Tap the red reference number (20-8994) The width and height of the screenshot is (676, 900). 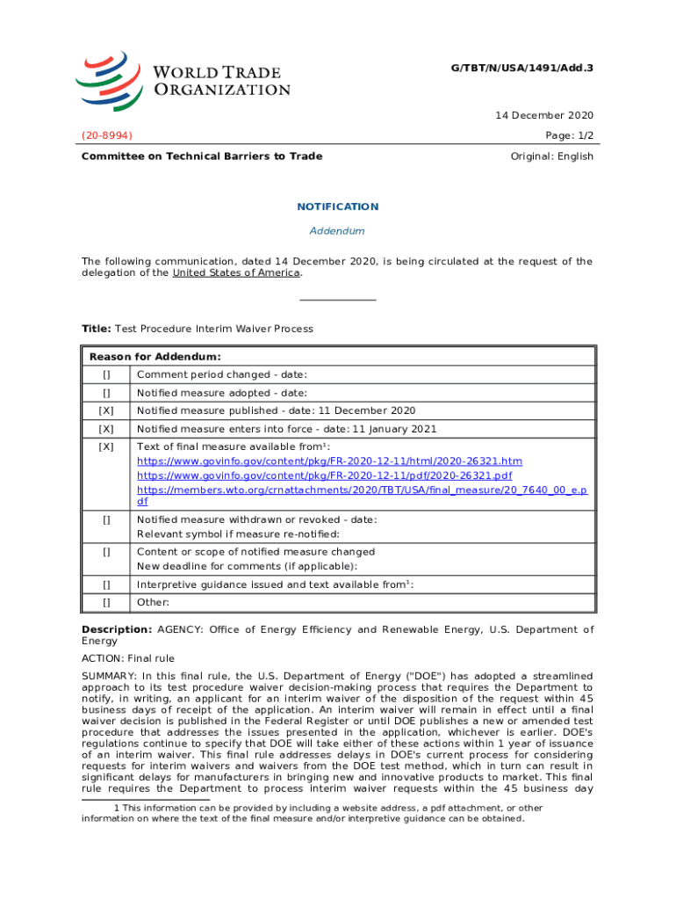click(x=107, y=135)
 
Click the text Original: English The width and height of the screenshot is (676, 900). click(x=551, y=156)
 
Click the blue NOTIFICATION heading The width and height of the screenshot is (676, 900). click(x=337, y=207)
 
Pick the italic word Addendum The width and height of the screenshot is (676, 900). click(x=337, y=231)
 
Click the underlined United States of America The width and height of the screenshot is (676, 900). click(x=236, y=272)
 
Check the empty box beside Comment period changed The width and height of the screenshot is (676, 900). click(x=106, y=375)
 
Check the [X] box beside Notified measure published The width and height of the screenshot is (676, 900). click(x=106, y=410)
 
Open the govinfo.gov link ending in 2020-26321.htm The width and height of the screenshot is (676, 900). click(x=329, y=461)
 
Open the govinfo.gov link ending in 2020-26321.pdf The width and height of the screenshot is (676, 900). click(x=325, y=475)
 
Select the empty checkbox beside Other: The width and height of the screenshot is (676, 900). click(x=106, y=602)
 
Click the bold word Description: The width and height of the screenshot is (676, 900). click(x=117, y=629)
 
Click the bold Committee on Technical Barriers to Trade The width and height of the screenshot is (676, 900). click(x=202, y=156)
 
